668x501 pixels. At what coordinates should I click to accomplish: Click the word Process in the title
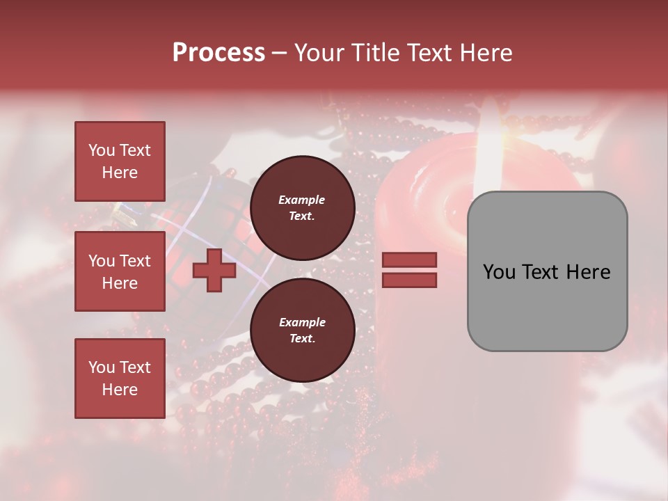pos(218,53)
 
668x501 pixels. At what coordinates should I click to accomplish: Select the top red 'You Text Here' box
pos(120,161)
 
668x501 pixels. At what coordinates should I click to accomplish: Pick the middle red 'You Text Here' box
pos(120,271)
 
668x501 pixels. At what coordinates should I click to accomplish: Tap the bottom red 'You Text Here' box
pos(120,379)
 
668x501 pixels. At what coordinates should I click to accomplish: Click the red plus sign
pos(214,271)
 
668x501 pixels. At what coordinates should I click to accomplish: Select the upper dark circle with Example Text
pos(302,208)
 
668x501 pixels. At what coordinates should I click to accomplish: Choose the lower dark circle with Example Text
pos(302,331)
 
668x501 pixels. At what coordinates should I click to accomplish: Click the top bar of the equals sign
pos(410,260)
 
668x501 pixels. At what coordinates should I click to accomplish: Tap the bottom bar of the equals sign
pos(410,280)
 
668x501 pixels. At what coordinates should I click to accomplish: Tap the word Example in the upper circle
pos(302,200)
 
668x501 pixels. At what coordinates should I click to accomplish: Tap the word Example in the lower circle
pos(302,322)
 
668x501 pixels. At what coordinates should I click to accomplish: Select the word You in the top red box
pos(100,150)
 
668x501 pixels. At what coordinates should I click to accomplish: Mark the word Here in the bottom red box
pos(120,390)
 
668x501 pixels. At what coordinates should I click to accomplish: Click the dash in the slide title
pos(279,53)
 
